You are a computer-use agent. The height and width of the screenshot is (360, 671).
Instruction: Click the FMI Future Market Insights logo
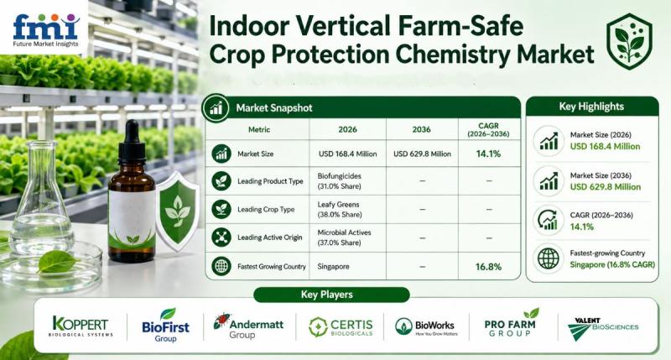click(46, 30)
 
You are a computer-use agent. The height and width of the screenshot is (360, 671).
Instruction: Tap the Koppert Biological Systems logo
click(81, 326)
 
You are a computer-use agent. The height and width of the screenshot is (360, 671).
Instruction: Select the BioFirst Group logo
click(165, 326)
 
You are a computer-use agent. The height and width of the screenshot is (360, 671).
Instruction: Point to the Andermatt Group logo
click(248, 326)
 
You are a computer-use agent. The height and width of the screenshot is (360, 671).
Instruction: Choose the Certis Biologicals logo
click(341, 327)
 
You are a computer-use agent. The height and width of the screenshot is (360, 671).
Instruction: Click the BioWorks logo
click(426, 326)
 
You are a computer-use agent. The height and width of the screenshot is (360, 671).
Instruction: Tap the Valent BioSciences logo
click(602, 329)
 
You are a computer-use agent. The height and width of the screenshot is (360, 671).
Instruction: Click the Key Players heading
click(326, 295)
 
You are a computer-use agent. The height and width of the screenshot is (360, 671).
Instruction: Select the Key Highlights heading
click(591, 107)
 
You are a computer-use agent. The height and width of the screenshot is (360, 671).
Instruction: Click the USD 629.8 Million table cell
click(422, 154)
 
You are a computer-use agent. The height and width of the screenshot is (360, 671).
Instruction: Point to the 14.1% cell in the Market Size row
click(488, 154)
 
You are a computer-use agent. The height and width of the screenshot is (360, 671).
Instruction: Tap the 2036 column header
click(422, 129)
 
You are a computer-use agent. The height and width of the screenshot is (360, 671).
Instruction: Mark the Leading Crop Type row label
click(266, 209)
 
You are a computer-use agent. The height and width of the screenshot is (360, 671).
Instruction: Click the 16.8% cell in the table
click(488, 267)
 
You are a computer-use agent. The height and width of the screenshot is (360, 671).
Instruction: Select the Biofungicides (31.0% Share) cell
click(340, 181)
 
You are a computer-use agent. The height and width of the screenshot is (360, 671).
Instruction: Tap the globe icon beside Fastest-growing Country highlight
click(549, 258)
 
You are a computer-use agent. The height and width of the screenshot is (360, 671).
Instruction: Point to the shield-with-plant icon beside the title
click(629, 41)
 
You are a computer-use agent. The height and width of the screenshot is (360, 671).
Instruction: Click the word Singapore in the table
click(333, 266)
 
